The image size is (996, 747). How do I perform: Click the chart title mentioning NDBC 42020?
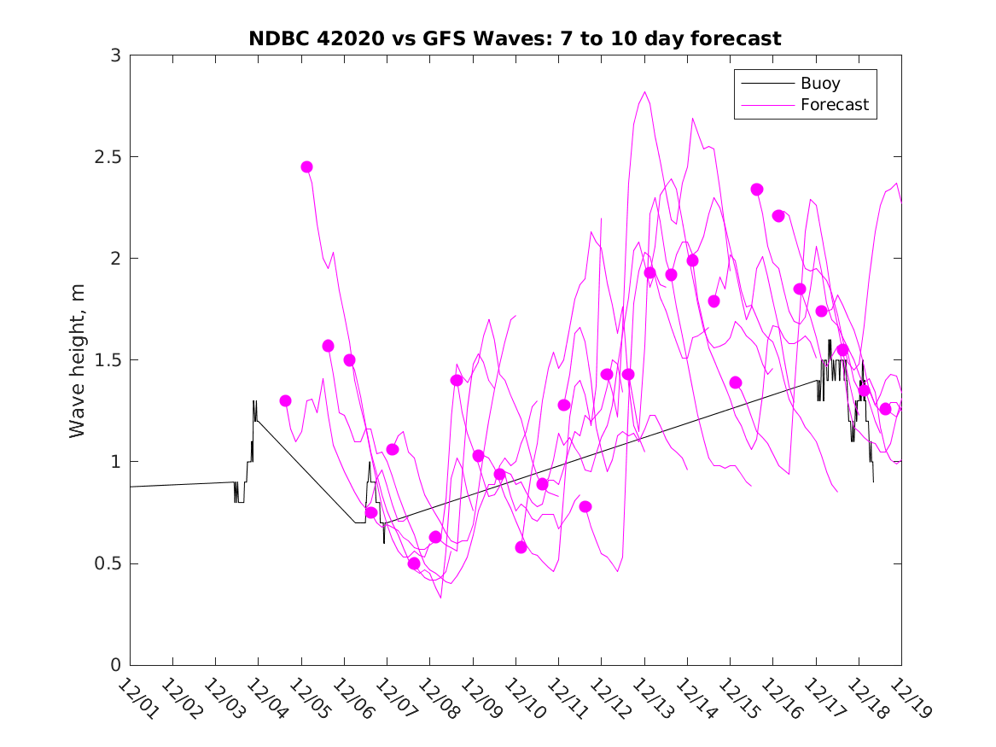coord(515,38)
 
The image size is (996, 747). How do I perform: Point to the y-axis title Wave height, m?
coord(78,360)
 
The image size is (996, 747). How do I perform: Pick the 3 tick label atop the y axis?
coord(114,55)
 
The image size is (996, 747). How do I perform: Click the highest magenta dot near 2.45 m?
coord(306,167)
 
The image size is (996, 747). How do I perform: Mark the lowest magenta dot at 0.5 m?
coord(414,563)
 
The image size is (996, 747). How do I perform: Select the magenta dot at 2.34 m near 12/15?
coord(756,190)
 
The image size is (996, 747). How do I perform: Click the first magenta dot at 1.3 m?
coord(285,401)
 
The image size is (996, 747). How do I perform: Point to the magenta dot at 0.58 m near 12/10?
coord(521,547)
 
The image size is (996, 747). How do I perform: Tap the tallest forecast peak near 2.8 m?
coord(644,92)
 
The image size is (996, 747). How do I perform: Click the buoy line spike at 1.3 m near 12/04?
coord(254,401)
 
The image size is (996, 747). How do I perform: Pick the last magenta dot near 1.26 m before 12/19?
coord(885,409)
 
